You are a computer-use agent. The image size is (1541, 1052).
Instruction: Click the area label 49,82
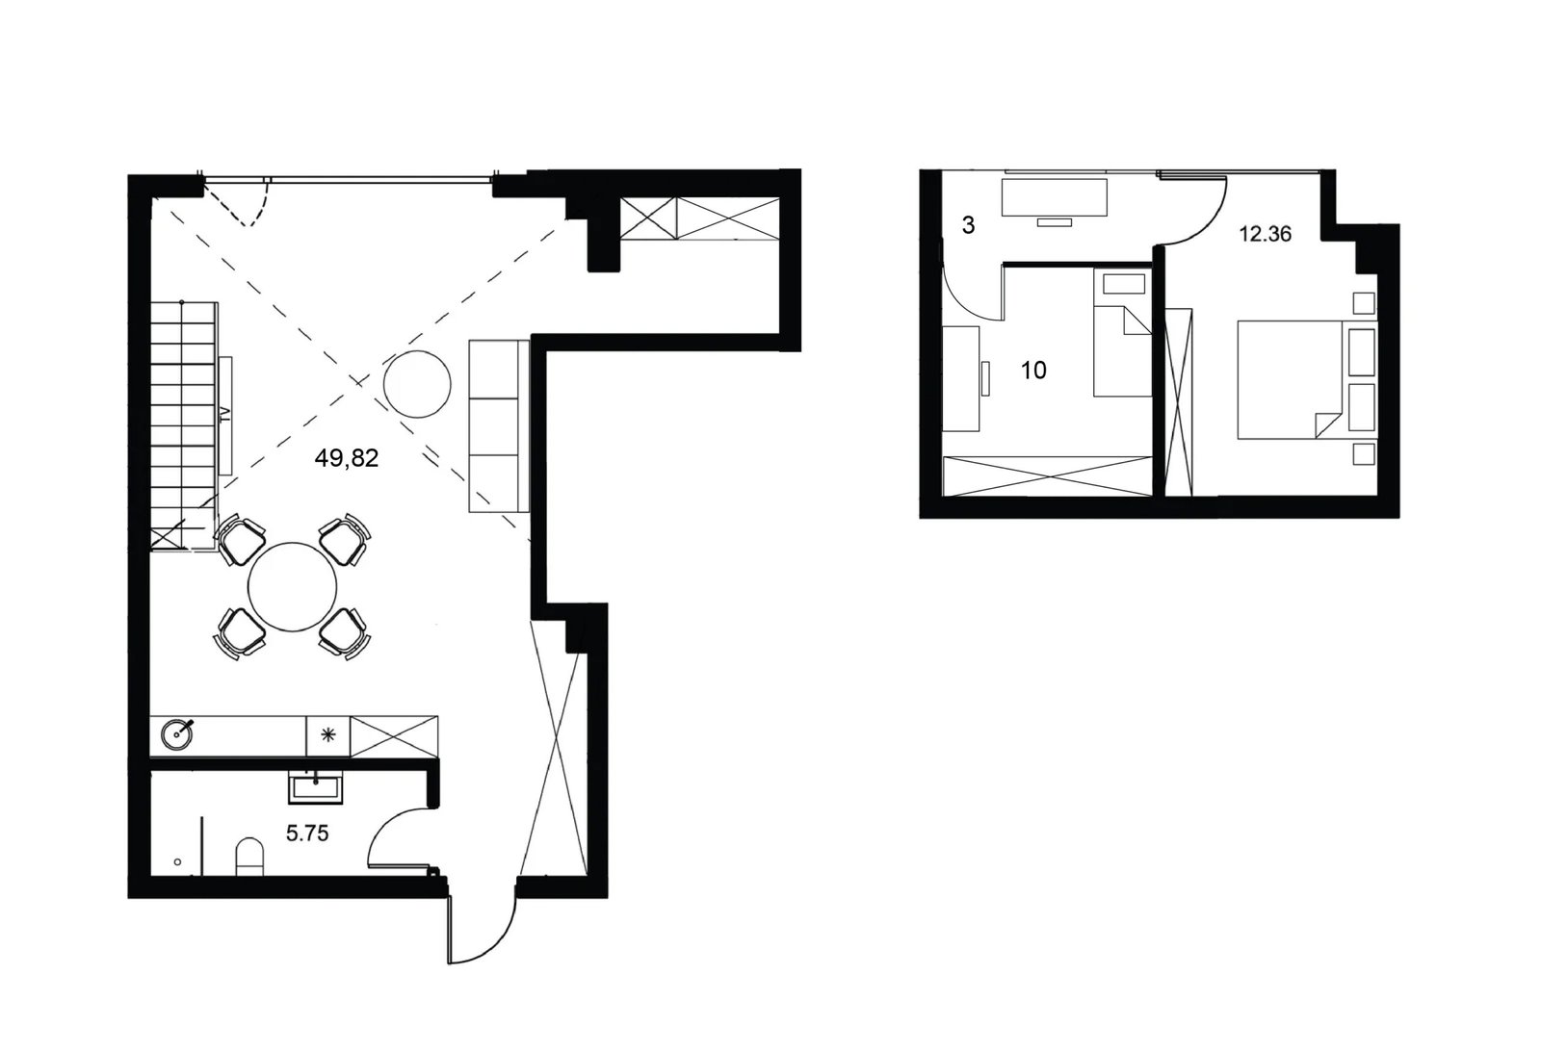pos(346,458)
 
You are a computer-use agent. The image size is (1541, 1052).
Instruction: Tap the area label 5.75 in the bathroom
pos(307,834)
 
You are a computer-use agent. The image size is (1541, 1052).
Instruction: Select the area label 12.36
pos(1266,234)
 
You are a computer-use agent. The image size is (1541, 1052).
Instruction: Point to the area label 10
pos(1033,371)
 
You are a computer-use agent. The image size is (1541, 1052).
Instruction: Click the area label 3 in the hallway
pos(969,225)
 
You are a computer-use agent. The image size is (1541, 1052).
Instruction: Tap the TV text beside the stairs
pos(224,415)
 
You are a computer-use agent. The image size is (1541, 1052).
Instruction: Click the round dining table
pos(293,586)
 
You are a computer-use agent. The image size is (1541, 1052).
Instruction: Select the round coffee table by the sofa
pos(417,383)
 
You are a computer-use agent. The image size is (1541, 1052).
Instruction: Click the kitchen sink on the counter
pos(177,734)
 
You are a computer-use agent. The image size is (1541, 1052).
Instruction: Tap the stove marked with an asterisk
pos(328,735)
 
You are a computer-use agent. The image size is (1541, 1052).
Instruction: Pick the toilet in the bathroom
pos(249,856)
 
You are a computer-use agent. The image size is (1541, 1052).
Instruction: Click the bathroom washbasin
pos(315,787)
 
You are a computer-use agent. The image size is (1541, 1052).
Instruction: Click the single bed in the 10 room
pos(1122,333)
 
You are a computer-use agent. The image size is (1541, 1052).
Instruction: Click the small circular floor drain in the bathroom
pos(177,862)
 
